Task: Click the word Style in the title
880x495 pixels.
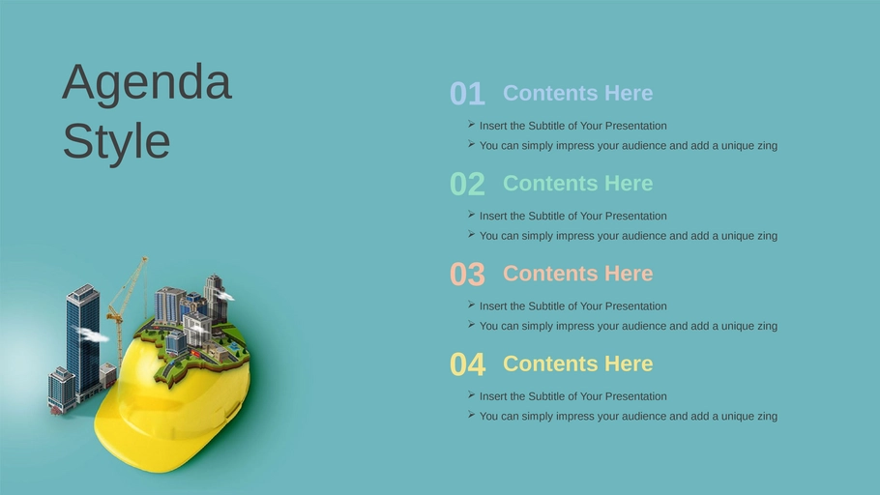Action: pyautogui.click(x=116, y=141)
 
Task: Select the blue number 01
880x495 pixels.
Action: pyautogui.click(x=467, y=93)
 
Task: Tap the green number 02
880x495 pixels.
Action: pyautogui.click(x=467, y=184)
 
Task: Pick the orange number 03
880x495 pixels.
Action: pyautogui.click(x=467, y=274)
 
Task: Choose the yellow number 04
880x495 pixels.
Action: pyautogui.click(x=467, y=364)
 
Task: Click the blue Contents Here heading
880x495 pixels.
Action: pyautogui.click(x=577, y=93)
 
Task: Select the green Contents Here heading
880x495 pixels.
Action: pyautogui.click(x=577, y=183)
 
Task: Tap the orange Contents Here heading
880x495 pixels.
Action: pyautogui.click(x=577, y=274)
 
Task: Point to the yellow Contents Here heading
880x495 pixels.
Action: pyautogui.click(x=577, y=364)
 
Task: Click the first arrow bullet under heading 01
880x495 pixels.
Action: pyautogui.click(x=472, y=124)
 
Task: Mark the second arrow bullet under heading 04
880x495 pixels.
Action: pyautogui.click(x=472, y=415)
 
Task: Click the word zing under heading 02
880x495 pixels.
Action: pyautogui.click(x=766, y=236)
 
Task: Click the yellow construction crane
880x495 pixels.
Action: pyautogui.click(x=128, y=308)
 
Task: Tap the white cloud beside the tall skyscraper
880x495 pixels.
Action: pyautogui.click(x=91, y=335)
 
